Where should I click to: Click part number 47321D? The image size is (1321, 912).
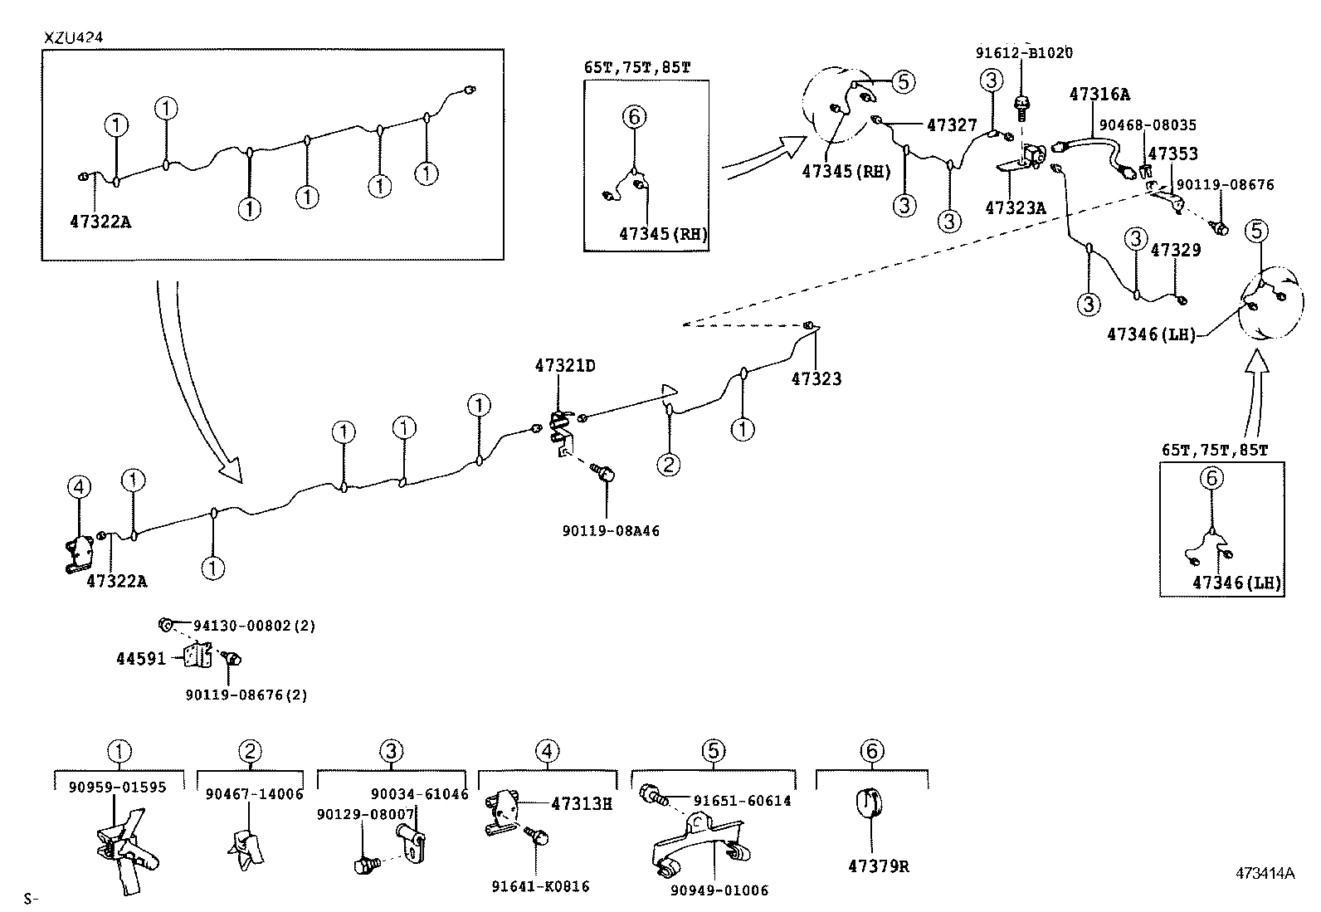[565, 365]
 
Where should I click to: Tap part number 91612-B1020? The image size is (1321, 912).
[1023, 53]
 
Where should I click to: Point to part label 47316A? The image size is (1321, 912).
[1099, 95]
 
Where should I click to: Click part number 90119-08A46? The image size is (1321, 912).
[611, 530]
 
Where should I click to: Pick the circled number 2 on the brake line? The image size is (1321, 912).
[669, 464]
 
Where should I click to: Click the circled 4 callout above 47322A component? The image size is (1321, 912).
[79, 487]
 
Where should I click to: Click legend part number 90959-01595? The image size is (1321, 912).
[117, 787]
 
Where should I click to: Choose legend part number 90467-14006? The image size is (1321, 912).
[254, 794]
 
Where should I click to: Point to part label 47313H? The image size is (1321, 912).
[581, 802]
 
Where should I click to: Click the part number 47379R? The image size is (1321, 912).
[878, 866]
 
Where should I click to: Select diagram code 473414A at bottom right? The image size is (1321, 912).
[1265, 873]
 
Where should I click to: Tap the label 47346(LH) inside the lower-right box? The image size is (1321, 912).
[1236, 583]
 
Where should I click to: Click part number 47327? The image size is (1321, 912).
[952, 125]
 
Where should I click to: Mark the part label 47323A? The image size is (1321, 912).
[1015, 208]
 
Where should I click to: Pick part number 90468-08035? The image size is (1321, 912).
[1148, 125]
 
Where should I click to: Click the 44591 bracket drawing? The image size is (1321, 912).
[196, 656]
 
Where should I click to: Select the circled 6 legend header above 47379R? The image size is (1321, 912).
[870, 752]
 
